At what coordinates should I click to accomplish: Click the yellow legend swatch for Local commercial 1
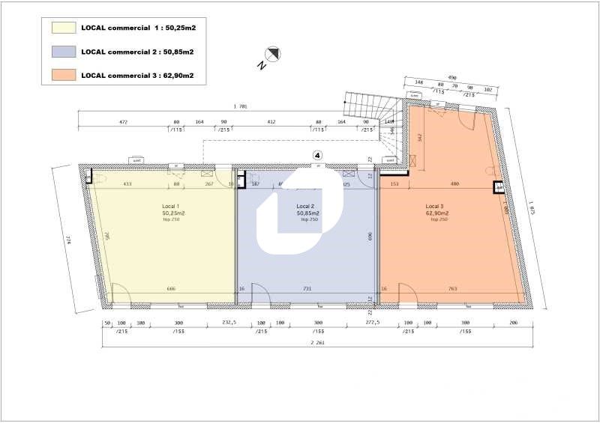pos(63,28)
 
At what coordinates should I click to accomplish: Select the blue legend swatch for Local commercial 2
pos(63,52)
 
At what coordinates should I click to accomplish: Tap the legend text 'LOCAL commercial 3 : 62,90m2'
pos(137,75)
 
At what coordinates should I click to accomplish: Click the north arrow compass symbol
pos(274,53)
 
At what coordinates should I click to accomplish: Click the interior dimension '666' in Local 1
pos(171,288)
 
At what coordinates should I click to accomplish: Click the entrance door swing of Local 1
pos(121,294)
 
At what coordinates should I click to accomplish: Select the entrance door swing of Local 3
pos(409,294)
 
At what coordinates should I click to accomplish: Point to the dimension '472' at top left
pos(124,121)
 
